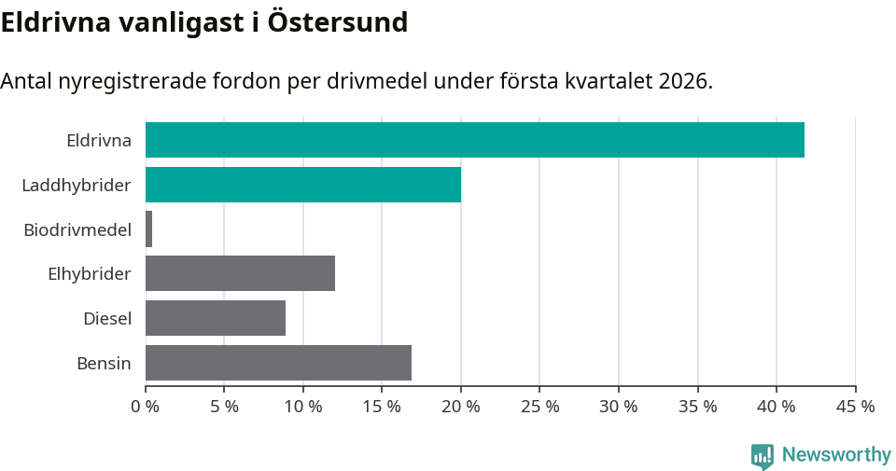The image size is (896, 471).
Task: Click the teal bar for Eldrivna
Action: [474, 140]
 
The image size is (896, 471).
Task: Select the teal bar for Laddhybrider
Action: [303, 185]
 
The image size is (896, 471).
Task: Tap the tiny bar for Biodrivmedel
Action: [149, 229]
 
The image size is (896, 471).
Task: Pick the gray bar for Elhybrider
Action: [240, 274]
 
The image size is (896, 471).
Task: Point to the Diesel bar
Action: [216, 318]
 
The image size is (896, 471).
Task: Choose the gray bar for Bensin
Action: [278, 363]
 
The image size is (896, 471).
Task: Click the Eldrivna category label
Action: [98, 141]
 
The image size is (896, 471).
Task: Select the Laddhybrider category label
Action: [76, 186]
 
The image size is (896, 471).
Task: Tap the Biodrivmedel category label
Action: [77, 229]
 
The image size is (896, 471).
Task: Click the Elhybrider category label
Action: [89, 274]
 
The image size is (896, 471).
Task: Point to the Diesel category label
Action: [106, 319]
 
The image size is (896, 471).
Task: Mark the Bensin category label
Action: [104, 363]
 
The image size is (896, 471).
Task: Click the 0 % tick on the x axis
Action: [146, 407]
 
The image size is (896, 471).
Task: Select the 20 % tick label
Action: [461, 407]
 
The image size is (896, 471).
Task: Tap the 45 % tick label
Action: [855, 407]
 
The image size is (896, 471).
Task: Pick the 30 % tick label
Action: [619, 407]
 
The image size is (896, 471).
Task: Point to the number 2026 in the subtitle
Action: [682, 81]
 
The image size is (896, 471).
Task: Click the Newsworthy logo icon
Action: [762, 455]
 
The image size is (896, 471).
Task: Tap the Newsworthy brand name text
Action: [836, 455]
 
